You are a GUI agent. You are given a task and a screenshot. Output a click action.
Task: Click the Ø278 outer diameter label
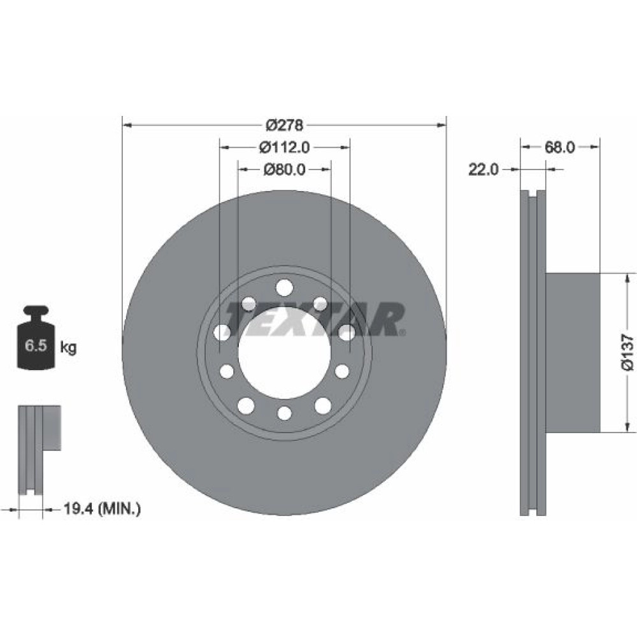coord(284,125)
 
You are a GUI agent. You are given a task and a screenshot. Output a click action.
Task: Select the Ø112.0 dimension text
coord(284,147)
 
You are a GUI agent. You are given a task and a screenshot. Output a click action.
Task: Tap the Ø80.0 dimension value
coord(284,169)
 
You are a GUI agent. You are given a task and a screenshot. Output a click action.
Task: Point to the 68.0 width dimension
coord(559,147)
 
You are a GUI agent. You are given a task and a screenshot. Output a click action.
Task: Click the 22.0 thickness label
coord(483,169)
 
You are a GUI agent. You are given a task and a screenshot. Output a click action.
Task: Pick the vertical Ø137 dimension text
coord(627,352)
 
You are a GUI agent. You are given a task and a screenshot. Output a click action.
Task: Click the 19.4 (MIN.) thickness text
coord(102,508)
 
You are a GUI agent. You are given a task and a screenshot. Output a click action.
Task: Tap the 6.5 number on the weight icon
coord(36,346)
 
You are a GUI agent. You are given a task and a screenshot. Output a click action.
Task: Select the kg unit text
coord(68,348)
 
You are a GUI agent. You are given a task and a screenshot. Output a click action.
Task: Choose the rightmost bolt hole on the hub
coord(347,333)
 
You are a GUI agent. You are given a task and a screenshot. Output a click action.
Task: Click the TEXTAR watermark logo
coord(315,319)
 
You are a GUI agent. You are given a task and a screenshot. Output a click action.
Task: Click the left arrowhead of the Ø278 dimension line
coord(127,125)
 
